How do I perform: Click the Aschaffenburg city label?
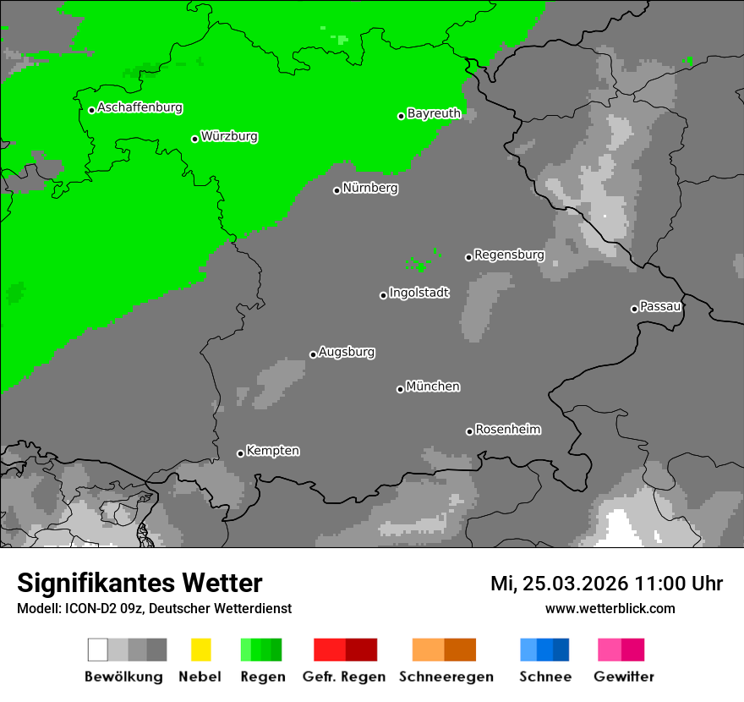[139, 108]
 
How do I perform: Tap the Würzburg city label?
[229, 137]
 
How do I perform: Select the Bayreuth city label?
[434, 113]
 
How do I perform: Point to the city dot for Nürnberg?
[336, 190]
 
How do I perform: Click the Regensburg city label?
[509, 255]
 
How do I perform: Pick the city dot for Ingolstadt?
[383, 295]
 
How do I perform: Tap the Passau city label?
[660, 306]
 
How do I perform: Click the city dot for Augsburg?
[313, 354]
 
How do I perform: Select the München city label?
[433, 387]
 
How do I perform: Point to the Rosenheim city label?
[507, 430]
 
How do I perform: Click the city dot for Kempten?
[240, 453]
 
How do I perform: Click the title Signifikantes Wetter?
[139, 584]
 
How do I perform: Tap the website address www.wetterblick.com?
[610, 608]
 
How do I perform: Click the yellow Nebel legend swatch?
[200, 650]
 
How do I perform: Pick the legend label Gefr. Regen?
[344, 677]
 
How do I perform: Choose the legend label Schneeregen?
[446, 677]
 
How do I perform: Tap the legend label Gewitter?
[624, 677]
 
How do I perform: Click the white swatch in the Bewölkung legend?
[98, 650]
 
